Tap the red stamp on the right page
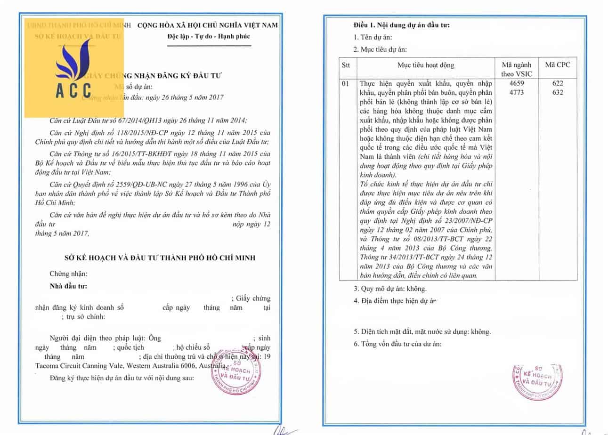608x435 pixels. coord(537,381)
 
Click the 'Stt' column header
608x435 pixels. coord(346,65)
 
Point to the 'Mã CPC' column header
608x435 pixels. coord(557,65)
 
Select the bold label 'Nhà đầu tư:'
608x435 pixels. coord(68,286)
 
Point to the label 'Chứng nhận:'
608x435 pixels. coord(68,274)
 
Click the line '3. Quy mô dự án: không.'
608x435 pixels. coord(390,289)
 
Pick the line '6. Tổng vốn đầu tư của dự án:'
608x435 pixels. coord(397,344)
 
